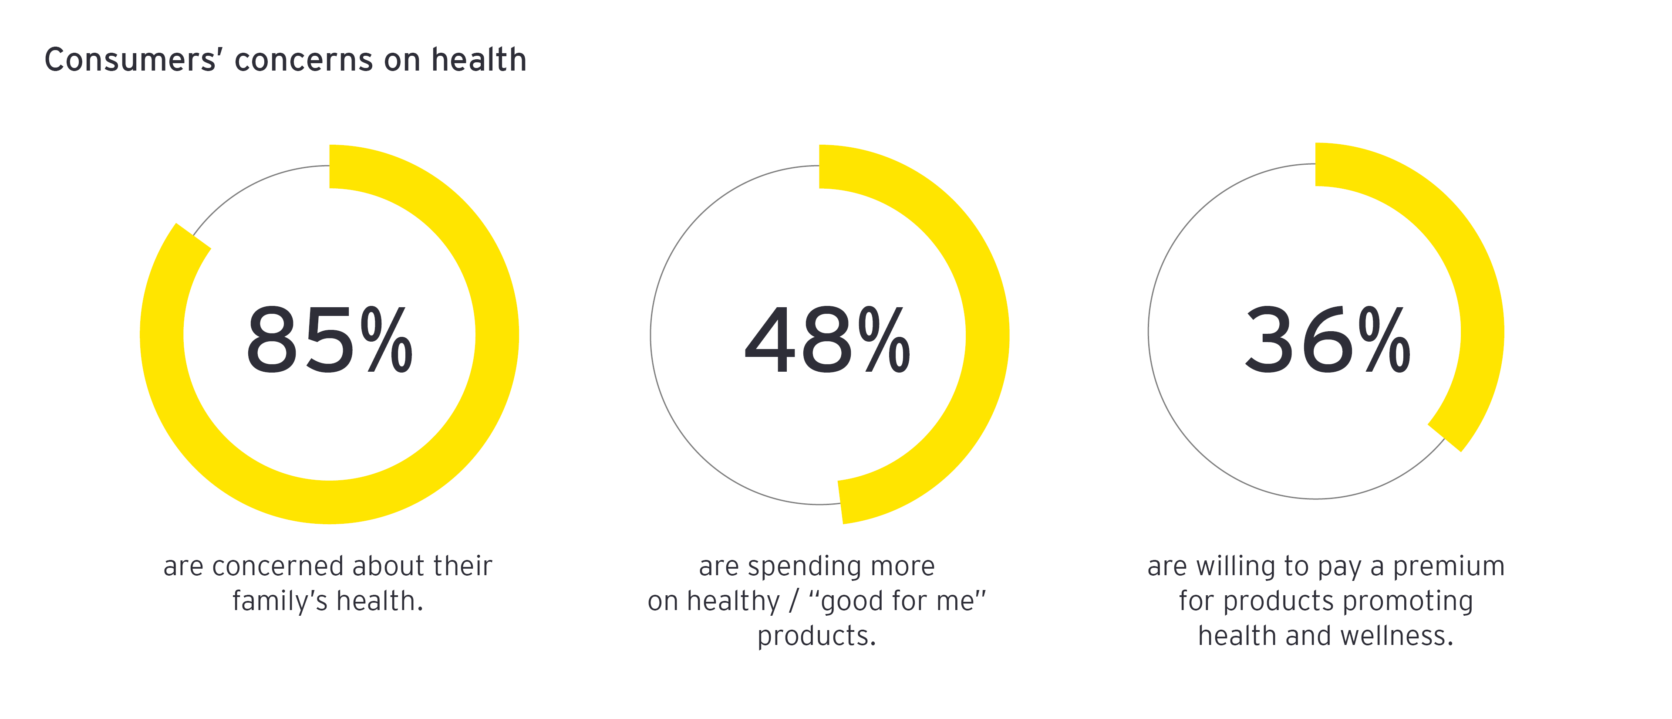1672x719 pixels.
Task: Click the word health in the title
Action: tap(479, 60)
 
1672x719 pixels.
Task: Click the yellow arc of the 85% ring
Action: tap(497, 335)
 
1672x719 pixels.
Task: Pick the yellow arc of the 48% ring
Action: tap(987, 335)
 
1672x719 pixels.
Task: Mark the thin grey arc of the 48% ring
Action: tap(651, 335)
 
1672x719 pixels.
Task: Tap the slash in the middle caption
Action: tap(793, 601)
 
